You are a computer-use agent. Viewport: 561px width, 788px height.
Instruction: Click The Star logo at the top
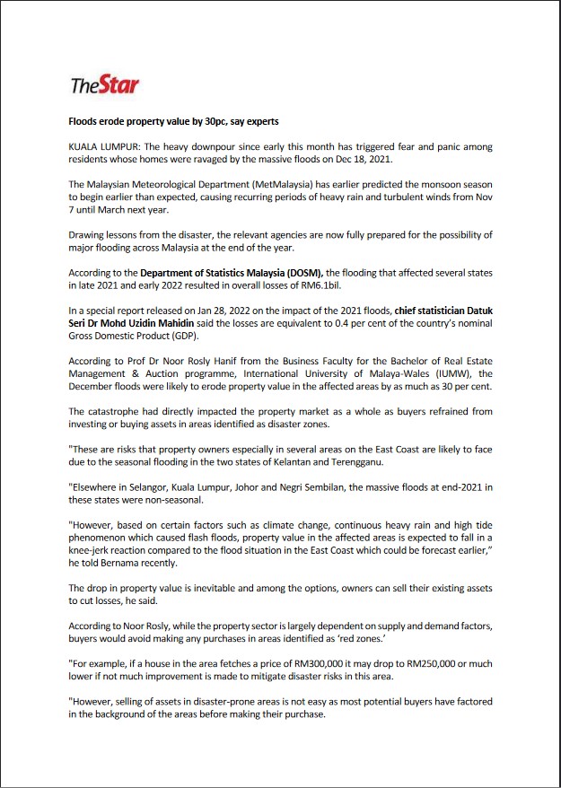[105, 86]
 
